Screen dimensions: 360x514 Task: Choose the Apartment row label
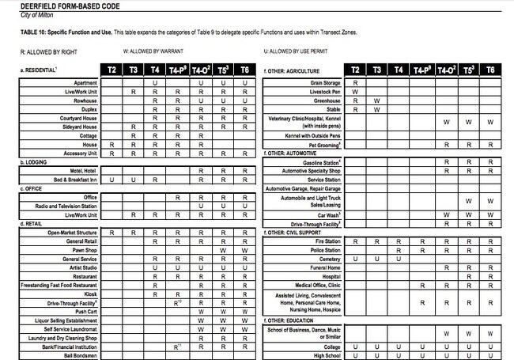[85, 82]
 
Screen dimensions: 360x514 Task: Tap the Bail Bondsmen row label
[80, 355]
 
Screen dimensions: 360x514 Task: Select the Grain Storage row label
[326, 82]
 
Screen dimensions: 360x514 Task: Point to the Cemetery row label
[330, 259]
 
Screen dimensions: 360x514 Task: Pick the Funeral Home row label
[324, 267]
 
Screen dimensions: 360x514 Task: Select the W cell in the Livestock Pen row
[355, 92]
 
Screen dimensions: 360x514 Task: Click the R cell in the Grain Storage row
[355, 82]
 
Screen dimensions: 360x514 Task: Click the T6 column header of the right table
[490, 70]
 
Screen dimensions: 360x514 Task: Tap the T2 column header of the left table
[111, 70]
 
